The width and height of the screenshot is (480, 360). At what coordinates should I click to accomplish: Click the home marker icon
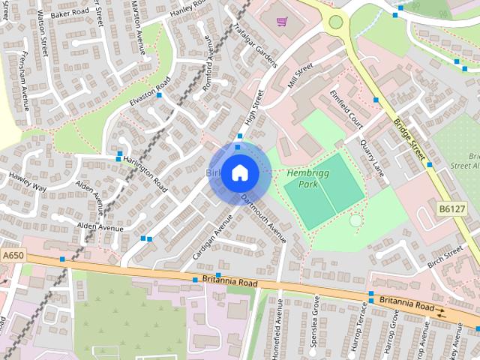tap(239, 172)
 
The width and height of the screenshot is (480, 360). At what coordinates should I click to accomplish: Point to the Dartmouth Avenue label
tap(264, 217)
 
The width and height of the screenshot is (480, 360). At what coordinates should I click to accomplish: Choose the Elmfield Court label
tap(346, 109)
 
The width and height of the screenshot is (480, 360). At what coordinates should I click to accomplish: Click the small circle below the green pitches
tap(355, 220)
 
